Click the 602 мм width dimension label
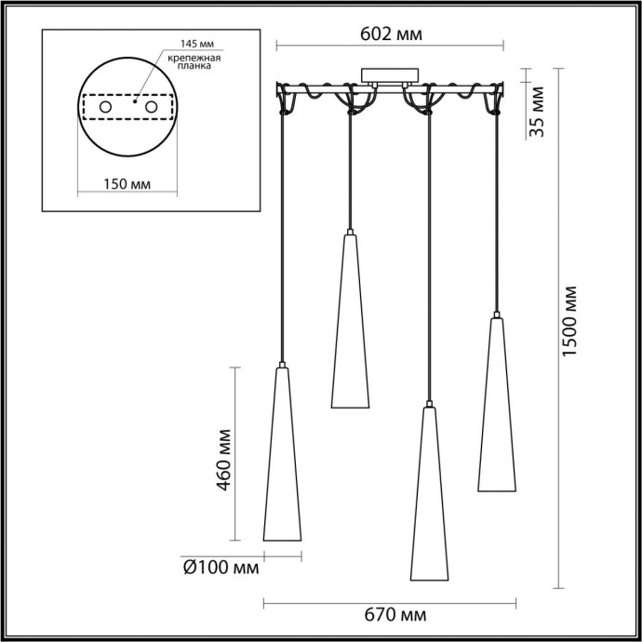391,34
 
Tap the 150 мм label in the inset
127,182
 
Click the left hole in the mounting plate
105,109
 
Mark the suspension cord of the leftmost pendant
282,233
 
